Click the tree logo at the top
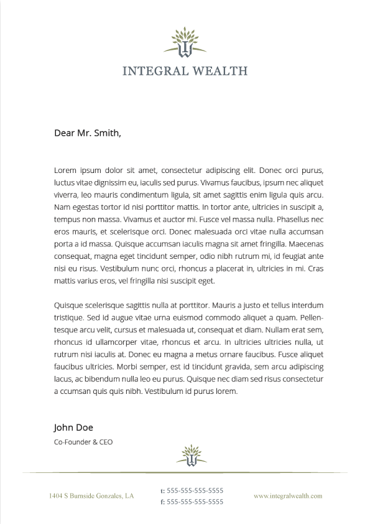coord(185,42)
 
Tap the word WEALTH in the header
coord(220,70)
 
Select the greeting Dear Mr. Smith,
coord(88,133)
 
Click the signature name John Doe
coord(73,427)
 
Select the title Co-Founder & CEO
coord(83,442)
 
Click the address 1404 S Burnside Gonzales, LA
coord(91,496)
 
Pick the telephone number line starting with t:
coord(192,490)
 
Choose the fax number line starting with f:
coord(192,502)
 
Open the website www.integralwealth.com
coord(288,496)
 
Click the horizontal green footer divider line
coord(185,472)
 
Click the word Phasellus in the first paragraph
coord(295,220)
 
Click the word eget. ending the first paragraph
coord(205,281)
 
